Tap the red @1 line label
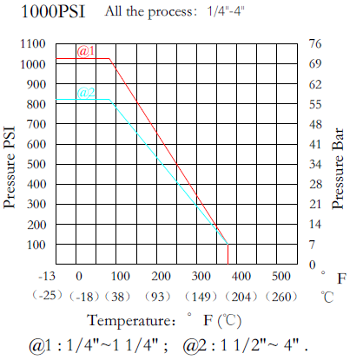click(86, 51)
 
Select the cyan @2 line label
click(86, 93)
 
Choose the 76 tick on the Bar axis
click(316, 44)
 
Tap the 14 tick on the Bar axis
click(316, 225)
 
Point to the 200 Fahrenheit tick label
click(161, 277)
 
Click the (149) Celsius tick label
click(201, 296)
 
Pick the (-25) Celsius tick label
click(40, 296)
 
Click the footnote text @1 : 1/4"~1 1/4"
click(96, 344)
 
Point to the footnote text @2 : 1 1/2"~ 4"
click(245, 344)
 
